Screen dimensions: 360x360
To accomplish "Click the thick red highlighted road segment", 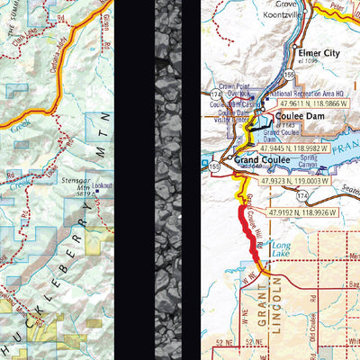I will [x=246, y=229].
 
